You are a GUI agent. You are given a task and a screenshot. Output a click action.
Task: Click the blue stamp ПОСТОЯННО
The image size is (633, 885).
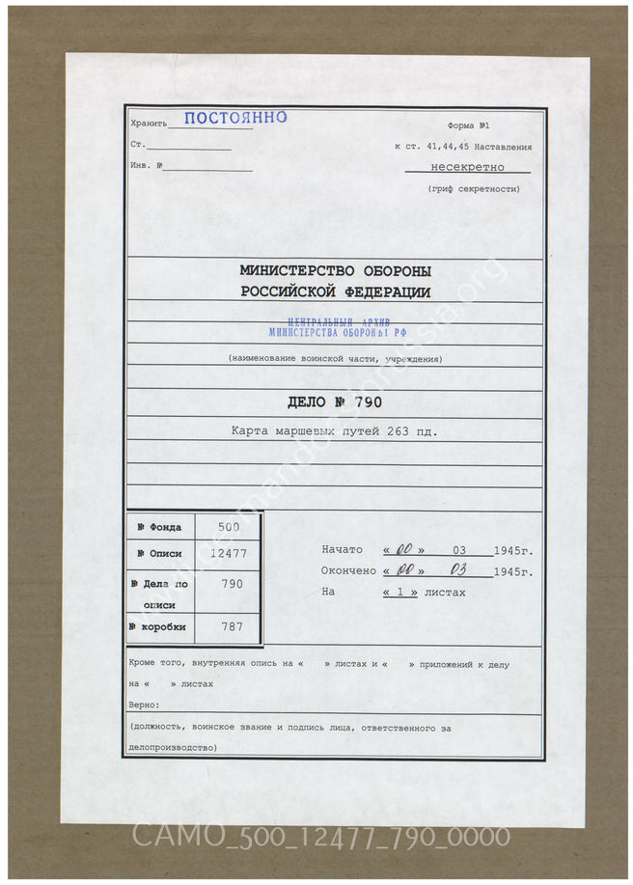(234, 119)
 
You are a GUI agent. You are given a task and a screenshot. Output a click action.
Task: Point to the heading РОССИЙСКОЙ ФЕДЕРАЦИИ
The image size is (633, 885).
(335, 292)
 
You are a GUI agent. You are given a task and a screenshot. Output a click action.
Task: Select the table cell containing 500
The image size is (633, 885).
(228, 527)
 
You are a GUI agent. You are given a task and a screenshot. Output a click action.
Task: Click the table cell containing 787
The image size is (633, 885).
(228, 626)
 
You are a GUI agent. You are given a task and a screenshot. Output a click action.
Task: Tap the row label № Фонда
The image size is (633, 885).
(160, 527)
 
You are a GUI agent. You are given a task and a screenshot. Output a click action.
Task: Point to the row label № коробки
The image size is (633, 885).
(160, 626)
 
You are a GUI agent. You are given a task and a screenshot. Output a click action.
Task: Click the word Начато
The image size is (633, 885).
(342, 549)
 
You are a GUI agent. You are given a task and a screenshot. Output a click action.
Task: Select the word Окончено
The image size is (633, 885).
(348, 570)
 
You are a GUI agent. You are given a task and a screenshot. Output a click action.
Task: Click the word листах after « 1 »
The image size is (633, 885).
(445, 592)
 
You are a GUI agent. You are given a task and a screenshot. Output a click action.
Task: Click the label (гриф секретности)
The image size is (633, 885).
(473, 189)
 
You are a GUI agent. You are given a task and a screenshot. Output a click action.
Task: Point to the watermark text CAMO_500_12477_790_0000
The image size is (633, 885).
(319, 836)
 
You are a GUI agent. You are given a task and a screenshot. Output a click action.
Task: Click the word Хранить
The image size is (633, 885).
(148, 124)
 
